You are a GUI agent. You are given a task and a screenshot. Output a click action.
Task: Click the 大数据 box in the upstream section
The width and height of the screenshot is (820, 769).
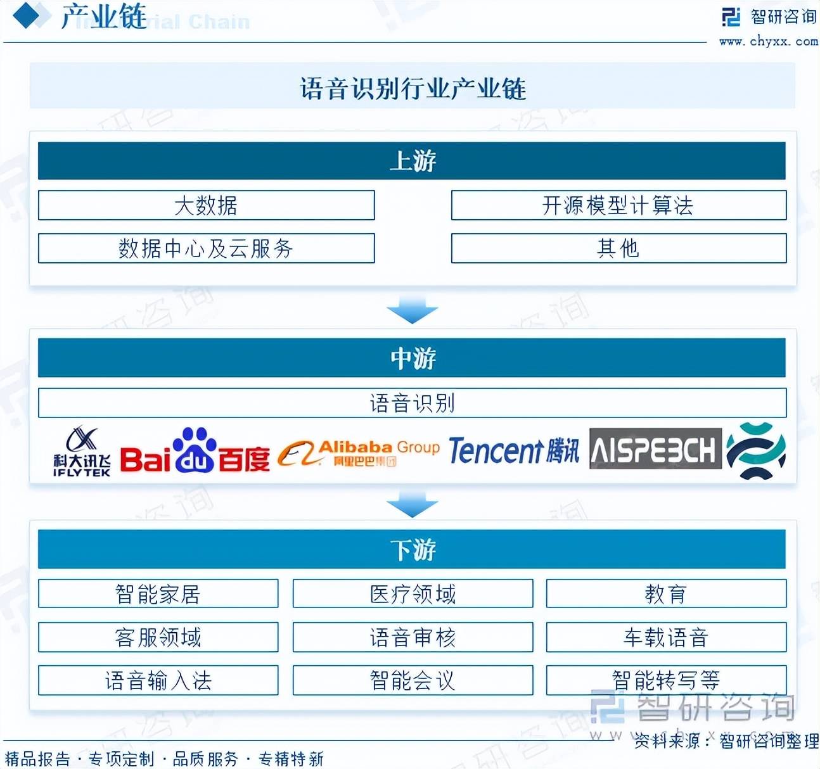click(x=206, y=205)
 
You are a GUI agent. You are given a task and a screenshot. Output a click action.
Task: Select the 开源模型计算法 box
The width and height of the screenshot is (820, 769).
click(x=618, y=205)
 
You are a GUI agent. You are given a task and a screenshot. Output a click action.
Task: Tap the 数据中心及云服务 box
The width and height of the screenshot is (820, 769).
click(x=206, y=248)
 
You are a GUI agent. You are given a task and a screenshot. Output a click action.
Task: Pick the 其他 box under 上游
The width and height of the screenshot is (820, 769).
click(x=618, y=248)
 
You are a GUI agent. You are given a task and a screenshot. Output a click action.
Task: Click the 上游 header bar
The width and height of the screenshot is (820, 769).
click(x=412, y=161)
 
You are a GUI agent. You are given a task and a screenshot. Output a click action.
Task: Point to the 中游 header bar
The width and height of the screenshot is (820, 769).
click(x=412, y=358)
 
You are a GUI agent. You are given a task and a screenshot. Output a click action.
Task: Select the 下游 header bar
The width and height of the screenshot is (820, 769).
click(x=412, y=549)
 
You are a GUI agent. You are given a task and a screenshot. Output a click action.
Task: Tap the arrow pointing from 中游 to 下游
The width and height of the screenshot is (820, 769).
click(x=412, y=505)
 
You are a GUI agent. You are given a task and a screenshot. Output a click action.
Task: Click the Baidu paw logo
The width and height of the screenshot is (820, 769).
click(x=195, y=450)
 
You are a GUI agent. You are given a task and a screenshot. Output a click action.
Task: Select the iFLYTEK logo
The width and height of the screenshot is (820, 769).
click(x=82, y=452)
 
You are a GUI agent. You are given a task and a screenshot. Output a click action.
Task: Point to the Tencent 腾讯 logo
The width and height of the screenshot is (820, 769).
click(x=514, y=451)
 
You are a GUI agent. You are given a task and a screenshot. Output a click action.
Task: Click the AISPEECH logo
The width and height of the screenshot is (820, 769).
click(x=655, y=449)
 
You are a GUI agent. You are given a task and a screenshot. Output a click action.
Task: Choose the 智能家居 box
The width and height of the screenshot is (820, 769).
click(x=158, y=594)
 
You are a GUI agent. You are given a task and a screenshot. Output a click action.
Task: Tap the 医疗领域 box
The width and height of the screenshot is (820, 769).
click(x=413, y=594)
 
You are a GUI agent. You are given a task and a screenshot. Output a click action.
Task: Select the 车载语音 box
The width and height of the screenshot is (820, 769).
click(x=666, y=637)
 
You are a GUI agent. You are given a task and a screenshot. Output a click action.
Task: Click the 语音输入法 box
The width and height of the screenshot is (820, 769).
click(x=158, y=680)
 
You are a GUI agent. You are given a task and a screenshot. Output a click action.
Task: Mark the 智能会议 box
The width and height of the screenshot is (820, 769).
click(x=413, y=680)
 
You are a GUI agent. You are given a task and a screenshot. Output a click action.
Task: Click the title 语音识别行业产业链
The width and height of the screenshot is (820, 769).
click(x=413, y=88)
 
